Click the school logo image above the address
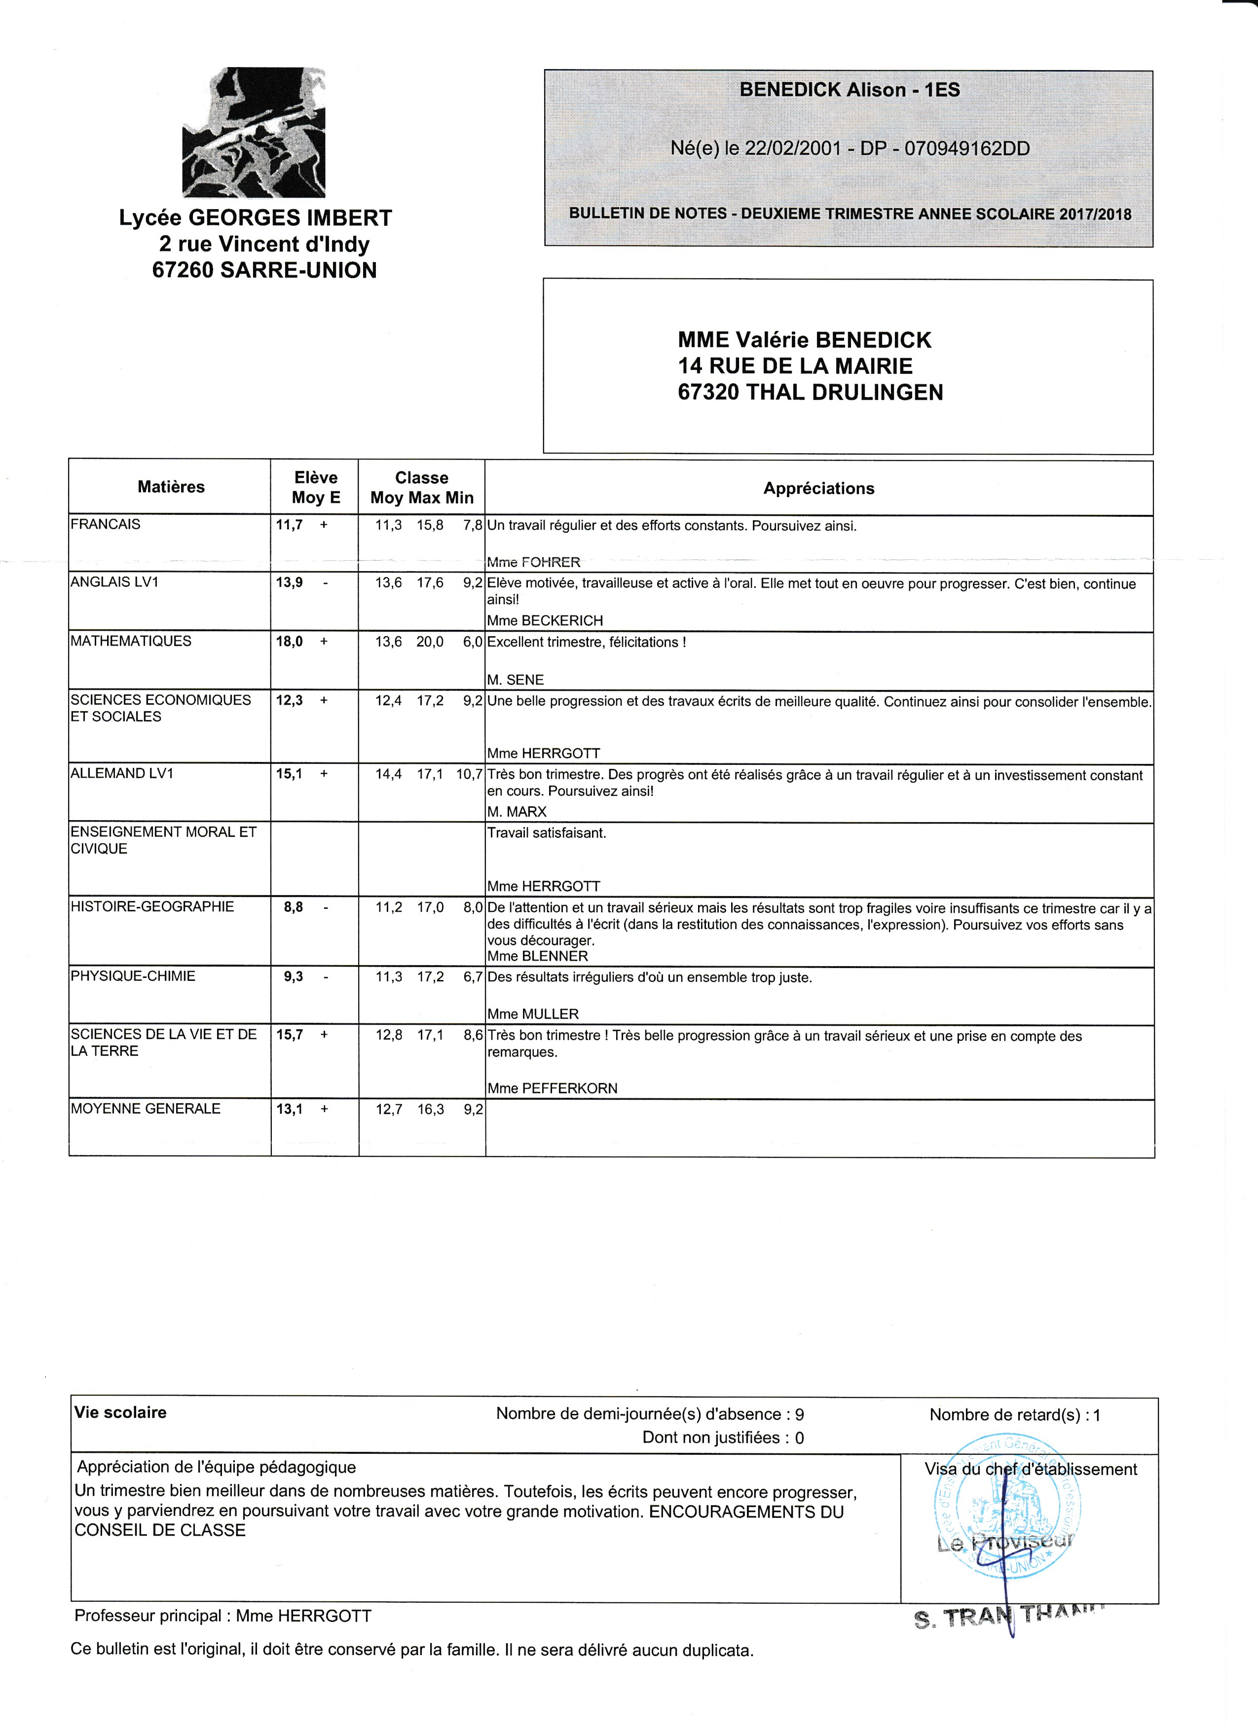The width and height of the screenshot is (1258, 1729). click(254, 132)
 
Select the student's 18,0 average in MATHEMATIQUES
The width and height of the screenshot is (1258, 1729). click(289, 642)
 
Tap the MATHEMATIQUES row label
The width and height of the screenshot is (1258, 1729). click(131, 641)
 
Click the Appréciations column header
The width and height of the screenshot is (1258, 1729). click(819, 489)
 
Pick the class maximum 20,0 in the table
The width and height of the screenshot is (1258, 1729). click(429, 642)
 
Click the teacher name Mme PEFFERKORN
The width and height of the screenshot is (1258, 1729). click(552, 1088)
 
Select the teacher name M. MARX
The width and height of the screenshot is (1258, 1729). click(517, 812)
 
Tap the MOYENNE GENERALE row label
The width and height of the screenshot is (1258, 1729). click(146, 1109)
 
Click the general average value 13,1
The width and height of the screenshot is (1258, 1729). click(289, 1109)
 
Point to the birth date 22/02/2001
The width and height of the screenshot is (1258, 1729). click(793, 148)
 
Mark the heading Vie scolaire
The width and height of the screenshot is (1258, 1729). click(120, 1412)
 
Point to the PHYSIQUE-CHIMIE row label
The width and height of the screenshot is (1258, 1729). click(133, 976)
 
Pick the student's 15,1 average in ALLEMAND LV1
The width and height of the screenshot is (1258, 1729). click(289, 774)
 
